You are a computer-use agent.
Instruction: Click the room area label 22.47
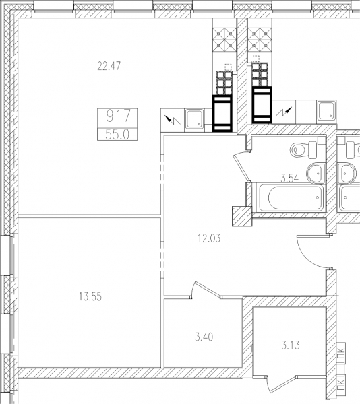109,66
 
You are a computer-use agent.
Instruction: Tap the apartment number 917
119,116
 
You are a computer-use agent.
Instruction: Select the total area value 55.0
117,135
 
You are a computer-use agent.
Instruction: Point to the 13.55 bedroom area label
90,296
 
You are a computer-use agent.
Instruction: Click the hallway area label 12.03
209,238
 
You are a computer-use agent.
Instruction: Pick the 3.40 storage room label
204,337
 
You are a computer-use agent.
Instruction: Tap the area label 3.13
291,345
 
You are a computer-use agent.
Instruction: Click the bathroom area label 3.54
289,178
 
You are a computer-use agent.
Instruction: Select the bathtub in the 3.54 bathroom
291,197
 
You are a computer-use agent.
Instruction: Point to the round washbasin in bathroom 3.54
315,173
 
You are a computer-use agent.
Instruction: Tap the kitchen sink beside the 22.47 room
195,119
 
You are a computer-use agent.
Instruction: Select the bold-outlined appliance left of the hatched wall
222,113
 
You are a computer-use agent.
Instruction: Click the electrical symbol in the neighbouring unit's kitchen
284,112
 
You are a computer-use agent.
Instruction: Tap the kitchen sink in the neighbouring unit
327,111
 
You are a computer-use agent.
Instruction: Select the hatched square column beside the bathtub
242,216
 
